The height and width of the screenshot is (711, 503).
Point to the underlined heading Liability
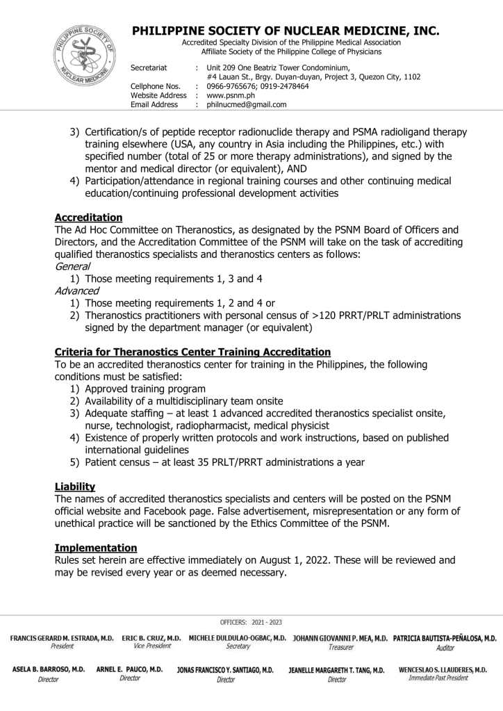tap(75, 487)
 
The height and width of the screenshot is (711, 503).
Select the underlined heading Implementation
tap(96, 548)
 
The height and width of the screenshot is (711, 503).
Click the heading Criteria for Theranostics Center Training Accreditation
tap(192, 352)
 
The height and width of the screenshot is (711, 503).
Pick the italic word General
tap(72, 266)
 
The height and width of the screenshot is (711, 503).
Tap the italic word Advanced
tap(76, 291)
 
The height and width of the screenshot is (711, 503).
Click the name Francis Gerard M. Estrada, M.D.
tap(62, 637)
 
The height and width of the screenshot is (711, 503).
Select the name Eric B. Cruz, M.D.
tap(151, 637)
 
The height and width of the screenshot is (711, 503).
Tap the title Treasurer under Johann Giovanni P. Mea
tap(341, 646)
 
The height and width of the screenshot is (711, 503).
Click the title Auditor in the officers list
tap(445, 647)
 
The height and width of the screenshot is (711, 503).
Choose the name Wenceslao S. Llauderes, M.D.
tap(443, 669)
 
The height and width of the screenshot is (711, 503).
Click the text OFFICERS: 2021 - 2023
tap(251, 622)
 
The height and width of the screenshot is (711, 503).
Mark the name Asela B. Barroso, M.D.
tap(49, 669)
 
